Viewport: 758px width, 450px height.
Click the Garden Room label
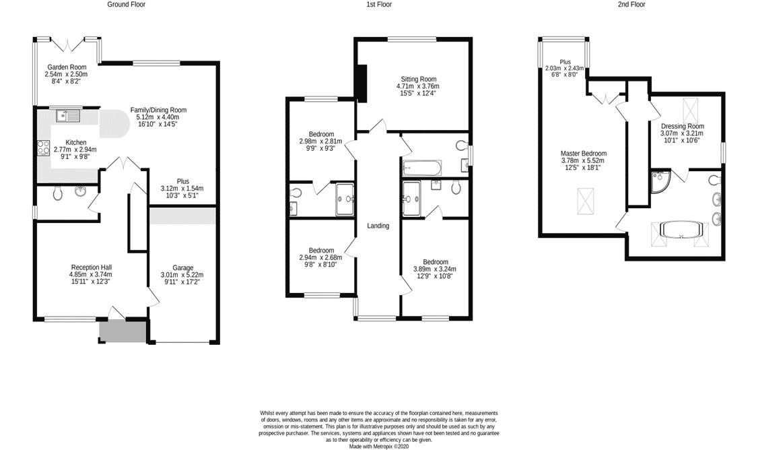pyautogui.click(x=67, y=67)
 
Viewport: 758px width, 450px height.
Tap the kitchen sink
pyautogui.click(x=68, y=116)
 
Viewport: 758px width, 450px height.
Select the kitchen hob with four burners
pyautogui.click(x=44, y=148)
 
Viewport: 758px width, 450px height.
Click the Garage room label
pyautogui.click(x=182, y=267)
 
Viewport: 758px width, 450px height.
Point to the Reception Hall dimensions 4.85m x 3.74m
pyautogui.click(x=90, y=274)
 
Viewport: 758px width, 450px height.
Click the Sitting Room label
pyautogui.click(x=418, y=79)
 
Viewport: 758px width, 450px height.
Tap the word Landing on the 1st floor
pyautogui.click(x=378, y=226)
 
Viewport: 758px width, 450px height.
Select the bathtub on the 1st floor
pyautogui.click(x=421, y=168)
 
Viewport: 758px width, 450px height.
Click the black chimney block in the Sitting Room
pyautogui.click(x=361, y=83)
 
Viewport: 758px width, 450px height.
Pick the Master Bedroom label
pyautogui.click(x=584, y=154)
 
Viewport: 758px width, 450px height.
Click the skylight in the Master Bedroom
pyautogui.click(x=586, y=201)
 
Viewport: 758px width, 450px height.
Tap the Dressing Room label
pyautogui.click(x=682, y=126)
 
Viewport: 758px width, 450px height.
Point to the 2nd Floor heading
pyautogui.click(x=631, y=4)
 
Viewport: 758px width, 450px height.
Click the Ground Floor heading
pyautogui.click(x=126, y=4)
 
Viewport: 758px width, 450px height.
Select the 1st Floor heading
pyautogui.click(x=379, y=4)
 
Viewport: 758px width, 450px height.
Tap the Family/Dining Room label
pyautogui.click(x=158, y=110)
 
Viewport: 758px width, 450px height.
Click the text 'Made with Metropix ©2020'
pyautogui.click(x=379, y=447)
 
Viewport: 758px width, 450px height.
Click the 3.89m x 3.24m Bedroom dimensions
pyautogui.click(x=435, y=269)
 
